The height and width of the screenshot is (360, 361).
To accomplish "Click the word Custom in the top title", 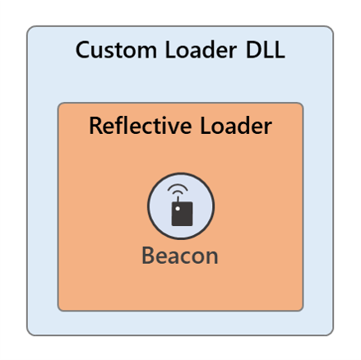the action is click(x=116, y=50).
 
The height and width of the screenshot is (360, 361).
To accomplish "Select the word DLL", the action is click(x=266, y=50).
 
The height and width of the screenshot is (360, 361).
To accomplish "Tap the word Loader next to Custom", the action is click(x=201, y=50).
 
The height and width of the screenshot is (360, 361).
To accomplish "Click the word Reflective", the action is click(x=141, y=126).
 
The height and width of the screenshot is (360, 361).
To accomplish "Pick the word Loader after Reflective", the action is click(x=236, y=126).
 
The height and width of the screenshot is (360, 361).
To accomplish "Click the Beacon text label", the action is click(x=180, y=256).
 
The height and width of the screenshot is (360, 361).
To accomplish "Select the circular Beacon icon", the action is click(x=181, y=206).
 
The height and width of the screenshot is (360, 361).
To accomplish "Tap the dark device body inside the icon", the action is click(x=182, y=214).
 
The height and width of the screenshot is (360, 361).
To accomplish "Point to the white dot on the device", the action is click(x=178, y=209).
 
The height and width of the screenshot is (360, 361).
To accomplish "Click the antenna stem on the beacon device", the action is click(x=178, y=199).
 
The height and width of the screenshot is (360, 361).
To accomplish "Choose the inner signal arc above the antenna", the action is click(x=178, y=192).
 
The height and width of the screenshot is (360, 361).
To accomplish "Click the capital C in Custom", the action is click(x=83, y=50).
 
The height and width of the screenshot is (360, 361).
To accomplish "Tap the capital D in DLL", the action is click(x=253, y=50).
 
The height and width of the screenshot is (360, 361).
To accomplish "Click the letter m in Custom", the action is click(x=146, y=53).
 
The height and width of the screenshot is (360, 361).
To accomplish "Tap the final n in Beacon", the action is click(x=212, y=258).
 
